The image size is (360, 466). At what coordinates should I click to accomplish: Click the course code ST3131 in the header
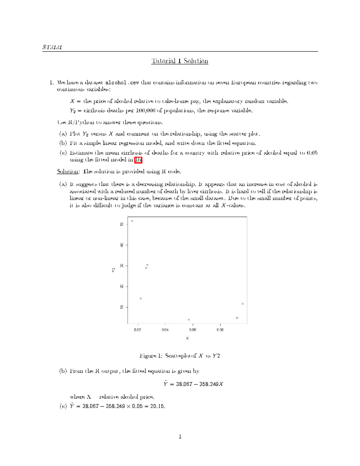point(52,47)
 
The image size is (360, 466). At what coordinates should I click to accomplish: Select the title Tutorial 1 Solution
point(180,61)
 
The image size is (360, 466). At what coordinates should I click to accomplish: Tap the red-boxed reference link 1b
point(138,160)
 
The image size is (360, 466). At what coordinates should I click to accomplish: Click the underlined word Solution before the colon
point(67,172)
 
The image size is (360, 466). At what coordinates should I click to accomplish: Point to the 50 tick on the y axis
point(121,224)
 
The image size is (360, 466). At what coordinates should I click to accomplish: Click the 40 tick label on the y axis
point(121,245)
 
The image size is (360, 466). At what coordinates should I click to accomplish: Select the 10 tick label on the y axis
point(121,307)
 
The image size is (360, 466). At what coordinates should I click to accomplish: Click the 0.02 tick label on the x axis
point(137,330)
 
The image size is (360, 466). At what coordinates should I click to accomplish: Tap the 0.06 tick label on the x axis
point(193,330)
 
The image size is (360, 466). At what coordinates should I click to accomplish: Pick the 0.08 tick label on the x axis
point(220,330)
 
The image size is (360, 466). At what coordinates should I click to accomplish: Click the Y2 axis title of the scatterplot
point(113,270)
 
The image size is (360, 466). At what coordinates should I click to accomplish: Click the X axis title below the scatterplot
point(187,338)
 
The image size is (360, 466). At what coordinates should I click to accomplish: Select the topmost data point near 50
point(132,221)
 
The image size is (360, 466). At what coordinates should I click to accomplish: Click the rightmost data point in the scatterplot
point(243,304)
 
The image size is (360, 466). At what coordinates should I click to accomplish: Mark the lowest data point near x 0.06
point(189,320)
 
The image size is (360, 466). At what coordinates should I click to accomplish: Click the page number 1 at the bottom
point(180,437)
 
